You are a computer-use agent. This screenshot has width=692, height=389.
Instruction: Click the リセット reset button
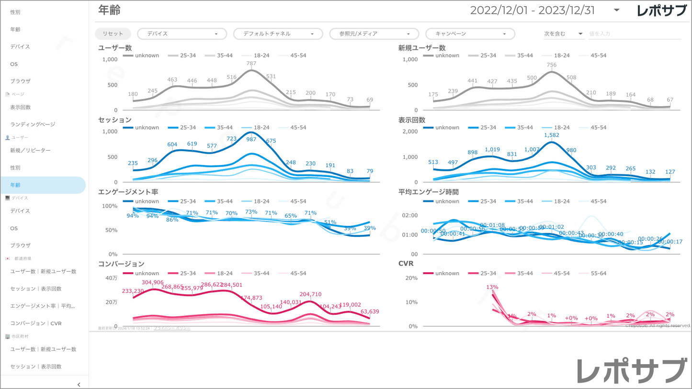tap(113, 34)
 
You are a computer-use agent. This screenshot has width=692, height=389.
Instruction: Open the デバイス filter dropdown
tap(182, 34)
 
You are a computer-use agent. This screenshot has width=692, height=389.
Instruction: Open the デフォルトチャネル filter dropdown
tap(278, 34)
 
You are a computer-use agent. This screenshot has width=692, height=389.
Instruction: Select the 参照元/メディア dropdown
tap(374, 34)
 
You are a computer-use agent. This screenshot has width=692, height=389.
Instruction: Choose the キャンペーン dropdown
tap(470, 34)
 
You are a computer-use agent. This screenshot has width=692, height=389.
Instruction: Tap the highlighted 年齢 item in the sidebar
tap(43, 185)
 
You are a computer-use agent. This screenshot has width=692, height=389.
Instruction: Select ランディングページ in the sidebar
tap(33, 124)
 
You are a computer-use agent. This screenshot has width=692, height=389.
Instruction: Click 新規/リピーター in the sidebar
tap(30, 151)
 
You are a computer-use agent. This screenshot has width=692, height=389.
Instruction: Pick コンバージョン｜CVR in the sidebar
tap(36, 323)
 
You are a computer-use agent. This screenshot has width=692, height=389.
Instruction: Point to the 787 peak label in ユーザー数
tap(251, 64)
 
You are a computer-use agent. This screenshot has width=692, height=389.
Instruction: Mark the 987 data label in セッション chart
tap(251, 139)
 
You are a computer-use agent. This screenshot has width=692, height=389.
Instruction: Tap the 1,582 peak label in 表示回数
tap(552, 135)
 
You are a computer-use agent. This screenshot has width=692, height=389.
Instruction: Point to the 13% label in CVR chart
tap(492, 287)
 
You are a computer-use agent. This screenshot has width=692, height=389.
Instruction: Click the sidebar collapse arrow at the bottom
tap(79, 384)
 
